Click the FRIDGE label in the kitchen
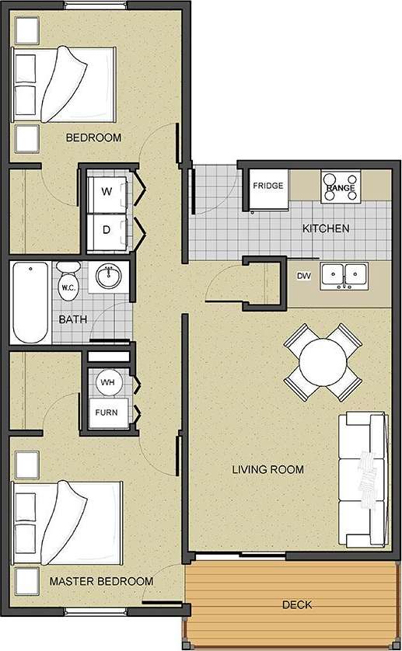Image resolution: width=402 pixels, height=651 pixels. (x=267, y=186)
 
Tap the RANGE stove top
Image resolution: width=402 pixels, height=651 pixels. (x=341, y=187)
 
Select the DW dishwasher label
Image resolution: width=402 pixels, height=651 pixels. (x=304, y=276)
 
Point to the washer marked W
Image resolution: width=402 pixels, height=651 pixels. (x=107, y=190)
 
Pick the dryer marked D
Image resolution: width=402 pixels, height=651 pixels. (x=107, y=230)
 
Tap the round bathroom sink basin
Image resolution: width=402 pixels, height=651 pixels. (x=109, y=276)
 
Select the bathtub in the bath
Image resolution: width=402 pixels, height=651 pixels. (x=30, y=303)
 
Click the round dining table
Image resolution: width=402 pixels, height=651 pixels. (x=322, y=362)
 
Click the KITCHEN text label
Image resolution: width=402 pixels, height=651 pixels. (x=325, y=228)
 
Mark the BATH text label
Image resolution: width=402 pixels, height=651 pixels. (x=72, y=319)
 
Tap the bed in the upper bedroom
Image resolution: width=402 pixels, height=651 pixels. (x=65, y=85)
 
